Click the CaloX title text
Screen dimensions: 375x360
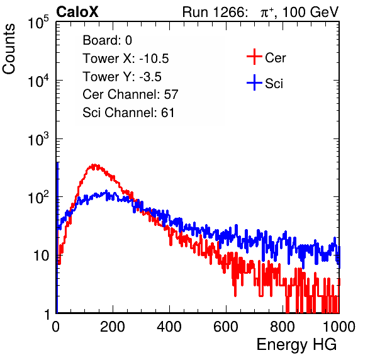(77, 12)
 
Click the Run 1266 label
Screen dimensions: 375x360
(215, 12)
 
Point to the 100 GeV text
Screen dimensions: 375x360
(310, 12)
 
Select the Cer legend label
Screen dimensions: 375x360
(275, 58)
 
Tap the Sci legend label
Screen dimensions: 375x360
(274, 84)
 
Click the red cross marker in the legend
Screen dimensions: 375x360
(254, 57)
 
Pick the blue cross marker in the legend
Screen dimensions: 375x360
(254, 82)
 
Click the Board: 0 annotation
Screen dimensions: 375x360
(108, 40)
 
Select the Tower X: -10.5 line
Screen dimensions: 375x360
(126, 59)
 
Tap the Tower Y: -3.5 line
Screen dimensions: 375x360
(122, 77)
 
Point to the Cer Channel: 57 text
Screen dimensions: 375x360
(131, 94)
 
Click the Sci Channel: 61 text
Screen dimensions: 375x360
(128, 113)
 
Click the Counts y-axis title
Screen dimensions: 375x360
(9, 48)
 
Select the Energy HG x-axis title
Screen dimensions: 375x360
(296, 345)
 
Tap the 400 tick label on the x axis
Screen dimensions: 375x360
(169, 326)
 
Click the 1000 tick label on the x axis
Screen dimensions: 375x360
(339, 326)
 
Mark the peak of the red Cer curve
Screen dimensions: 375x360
(94, 165)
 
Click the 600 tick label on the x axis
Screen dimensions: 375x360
(226, 326)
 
